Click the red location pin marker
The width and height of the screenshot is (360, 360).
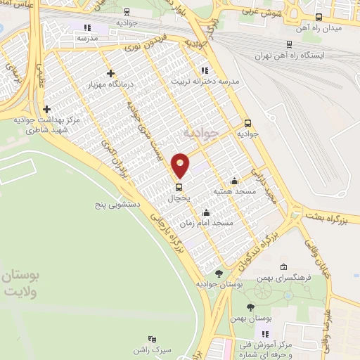[181, 165]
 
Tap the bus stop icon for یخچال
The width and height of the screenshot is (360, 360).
[179, 187]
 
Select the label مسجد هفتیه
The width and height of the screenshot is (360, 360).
[236, 191]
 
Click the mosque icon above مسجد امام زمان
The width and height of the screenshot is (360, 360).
[206, 213]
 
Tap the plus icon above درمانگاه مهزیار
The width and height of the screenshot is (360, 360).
[110, 73]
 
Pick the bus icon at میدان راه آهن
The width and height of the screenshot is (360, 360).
[319, 17]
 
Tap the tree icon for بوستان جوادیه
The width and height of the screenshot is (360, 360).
[219, 273]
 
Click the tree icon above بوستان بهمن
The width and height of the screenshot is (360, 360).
[251, 307]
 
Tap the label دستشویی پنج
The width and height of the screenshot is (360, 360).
[119, 205]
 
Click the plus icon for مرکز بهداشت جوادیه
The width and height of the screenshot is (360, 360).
[46, 110]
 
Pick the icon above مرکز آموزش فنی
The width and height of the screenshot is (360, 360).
[265, 334]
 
